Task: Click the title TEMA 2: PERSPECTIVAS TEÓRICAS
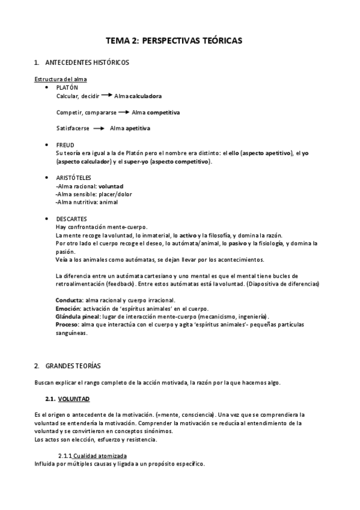174,41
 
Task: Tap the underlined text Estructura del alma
59,79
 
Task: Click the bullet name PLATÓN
67,87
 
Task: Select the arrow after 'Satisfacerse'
99,128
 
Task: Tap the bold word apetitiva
138,128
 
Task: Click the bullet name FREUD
66,145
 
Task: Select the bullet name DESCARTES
72,219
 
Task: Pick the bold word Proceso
67,325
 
